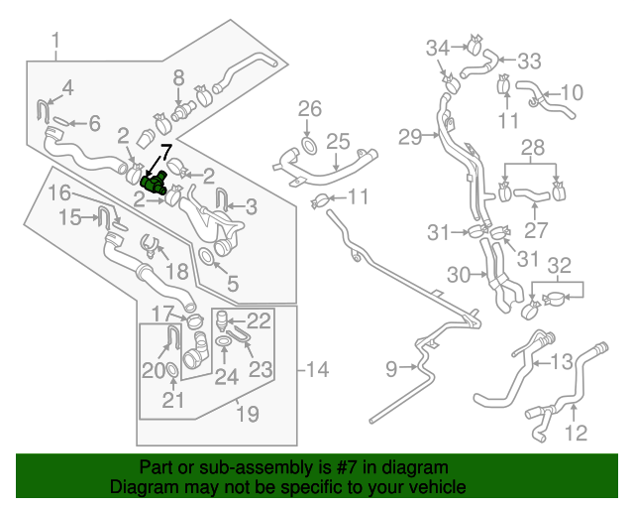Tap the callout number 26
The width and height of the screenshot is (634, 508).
pos(310,107)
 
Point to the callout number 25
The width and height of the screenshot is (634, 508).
pos(339,141)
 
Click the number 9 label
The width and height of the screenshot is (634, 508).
pos(391,369)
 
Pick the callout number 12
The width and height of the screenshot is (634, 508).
pos(576,433)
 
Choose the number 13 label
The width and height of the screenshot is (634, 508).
pos(562,361)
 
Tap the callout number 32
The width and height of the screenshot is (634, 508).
pos(560,265)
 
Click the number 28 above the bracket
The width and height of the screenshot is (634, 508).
pos(533,148)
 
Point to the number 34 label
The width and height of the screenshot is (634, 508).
pos(439,47)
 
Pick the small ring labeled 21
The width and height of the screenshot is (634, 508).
pos(171,371)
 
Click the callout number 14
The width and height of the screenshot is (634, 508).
pos(317,370)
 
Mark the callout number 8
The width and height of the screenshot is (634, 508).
pos(178,76)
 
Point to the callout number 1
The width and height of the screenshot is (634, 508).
pos(55,41)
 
